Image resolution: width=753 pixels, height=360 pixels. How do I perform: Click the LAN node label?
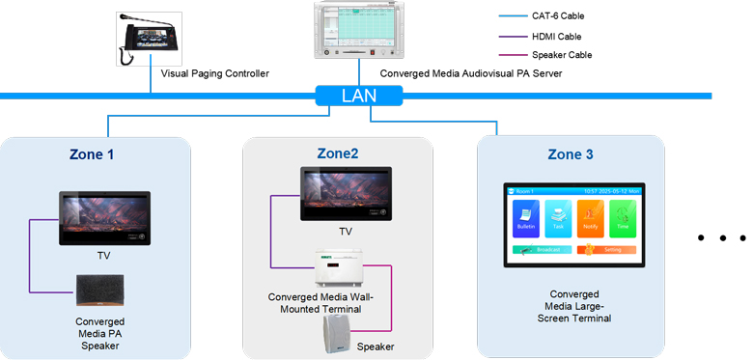pos(358,97)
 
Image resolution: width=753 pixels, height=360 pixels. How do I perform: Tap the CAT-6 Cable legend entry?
pos(558,16)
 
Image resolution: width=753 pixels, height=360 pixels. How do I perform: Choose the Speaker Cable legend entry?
pos(561,56)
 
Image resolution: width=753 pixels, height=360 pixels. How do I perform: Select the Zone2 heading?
pos(337,152)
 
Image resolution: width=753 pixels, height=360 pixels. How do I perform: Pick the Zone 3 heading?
pos(577,154)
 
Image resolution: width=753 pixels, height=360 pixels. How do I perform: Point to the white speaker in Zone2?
pos(338,333)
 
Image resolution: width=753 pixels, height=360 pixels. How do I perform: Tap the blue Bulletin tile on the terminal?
pos(526,219)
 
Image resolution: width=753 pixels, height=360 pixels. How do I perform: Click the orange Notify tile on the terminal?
pos(591,219)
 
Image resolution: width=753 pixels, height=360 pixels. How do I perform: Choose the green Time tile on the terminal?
pos(623,219)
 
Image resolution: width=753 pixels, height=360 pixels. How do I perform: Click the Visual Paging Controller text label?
pos(214,73)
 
